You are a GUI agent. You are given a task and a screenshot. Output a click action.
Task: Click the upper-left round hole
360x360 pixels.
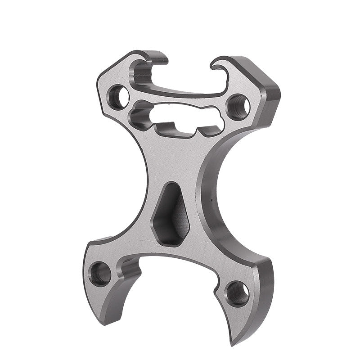coord(118,96)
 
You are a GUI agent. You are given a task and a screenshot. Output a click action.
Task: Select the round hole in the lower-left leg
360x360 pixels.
coord(99,273)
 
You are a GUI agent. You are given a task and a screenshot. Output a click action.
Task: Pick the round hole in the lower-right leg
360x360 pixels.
coord(237,293)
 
